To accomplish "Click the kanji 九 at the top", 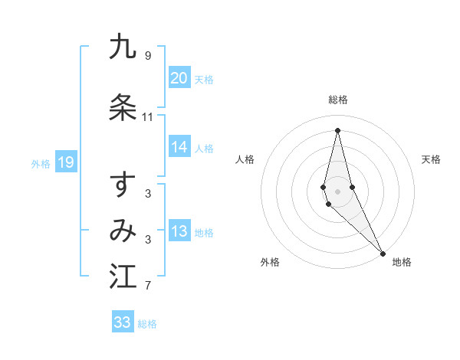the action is (x=123, y=47).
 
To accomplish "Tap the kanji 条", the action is (x=123, y=107).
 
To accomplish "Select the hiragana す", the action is (x=123, y=185).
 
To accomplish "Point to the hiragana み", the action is (x=123, y=231).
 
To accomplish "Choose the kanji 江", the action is (x=123, y=277).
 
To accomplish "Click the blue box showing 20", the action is (x=179, y=78).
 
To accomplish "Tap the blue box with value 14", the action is (x=179, y=148).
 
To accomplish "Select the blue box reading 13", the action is (x=179, y=232).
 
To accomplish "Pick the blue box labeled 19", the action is (x=65, y=162).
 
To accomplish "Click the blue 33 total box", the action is (x=123, y=322).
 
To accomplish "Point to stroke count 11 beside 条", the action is (x=147, y=117).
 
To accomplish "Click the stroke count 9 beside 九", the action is (x=147, y=56).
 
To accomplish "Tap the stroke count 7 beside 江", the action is (x=147, y=286).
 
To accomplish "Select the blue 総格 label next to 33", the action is (x=147, y=324).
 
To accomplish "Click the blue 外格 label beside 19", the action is (x=41, y=163).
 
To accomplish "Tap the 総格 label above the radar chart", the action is (x=337, y=100).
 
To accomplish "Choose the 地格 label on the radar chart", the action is (x=402, y=263).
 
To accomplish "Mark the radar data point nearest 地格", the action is (x=383, y=253).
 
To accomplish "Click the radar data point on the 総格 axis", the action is (x=337, y=129).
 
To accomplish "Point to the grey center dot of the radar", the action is (x=337, y=191).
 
